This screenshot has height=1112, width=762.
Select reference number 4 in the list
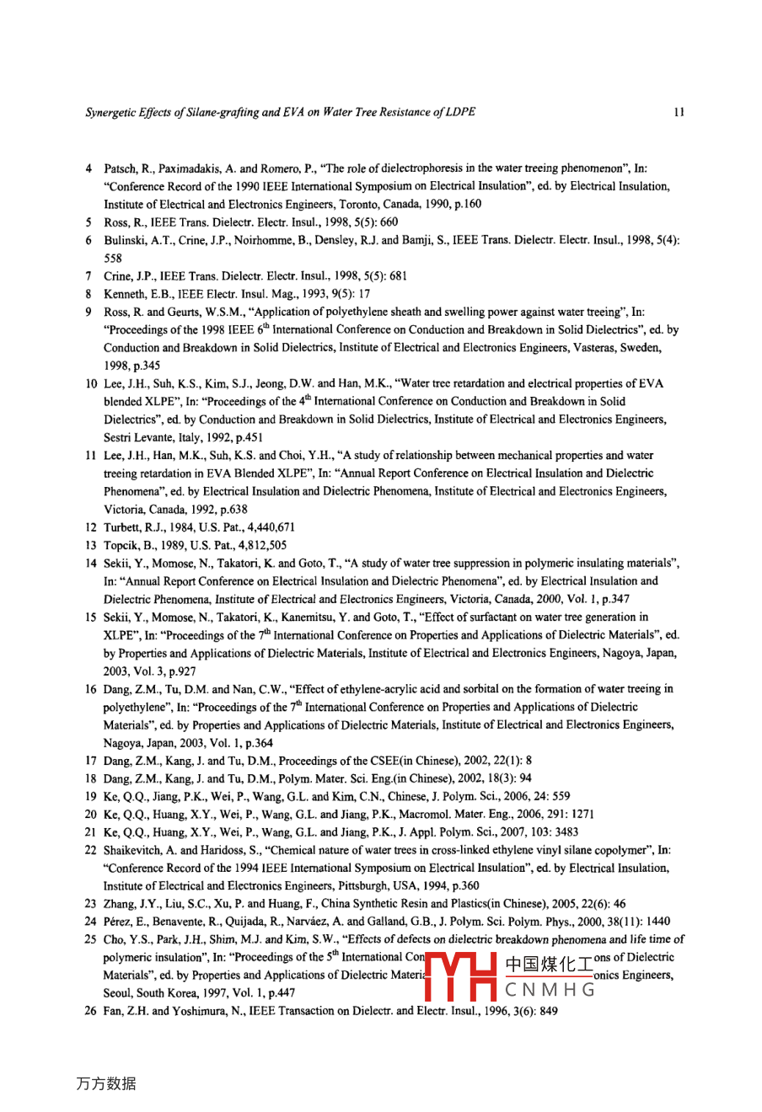point(89,168)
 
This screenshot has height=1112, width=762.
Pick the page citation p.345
point(146,366)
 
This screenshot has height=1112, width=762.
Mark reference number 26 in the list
point(90,1011)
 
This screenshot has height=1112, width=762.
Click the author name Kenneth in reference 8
point(124,294)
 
